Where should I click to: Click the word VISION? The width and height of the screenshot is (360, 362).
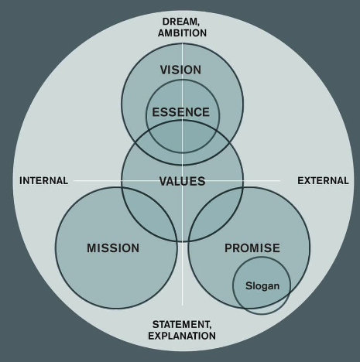(180, 70)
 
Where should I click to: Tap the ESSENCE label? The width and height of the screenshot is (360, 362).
(180, 112)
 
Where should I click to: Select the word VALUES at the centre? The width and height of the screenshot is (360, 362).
(182, 181)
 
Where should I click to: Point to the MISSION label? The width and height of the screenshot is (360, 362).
(113, 248)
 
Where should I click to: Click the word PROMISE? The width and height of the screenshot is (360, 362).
(252, 248)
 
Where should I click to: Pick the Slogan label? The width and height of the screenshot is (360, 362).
(262, 286)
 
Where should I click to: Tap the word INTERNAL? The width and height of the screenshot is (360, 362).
(44, 181)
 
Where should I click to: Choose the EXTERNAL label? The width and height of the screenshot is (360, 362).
(323, 181)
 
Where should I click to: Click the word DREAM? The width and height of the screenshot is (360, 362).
(180, 22)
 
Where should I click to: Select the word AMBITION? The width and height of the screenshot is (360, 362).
(182, 33)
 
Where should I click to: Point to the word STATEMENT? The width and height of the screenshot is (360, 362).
(181, 324)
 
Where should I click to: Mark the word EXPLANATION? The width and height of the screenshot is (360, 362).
(182, 336)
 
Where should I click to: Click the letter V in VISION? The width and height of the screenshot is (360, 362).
(164, 70)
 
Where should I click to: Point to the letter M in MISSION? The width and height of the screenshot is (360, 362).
(92, 248)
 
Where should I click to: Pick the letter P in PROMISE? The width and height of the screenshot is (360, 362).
(228, 248)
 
